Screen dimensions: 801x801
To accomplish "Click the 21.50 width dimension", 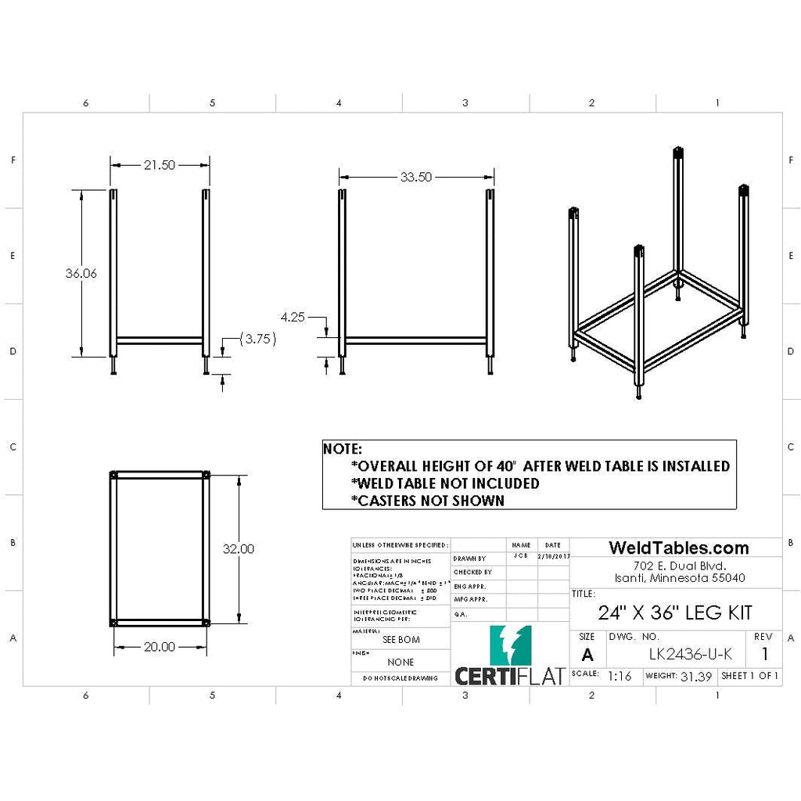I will click(159, 165).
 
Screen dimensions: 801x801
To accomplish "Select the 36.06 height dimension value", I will click(81, 274).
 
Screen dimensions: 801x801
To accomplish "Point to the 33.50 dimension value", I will click(416, 178).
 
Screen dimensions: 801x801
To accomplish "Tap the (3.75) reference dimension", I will click(258, 339).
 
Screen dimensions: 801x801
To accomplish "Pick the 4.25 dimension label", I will click(293, 317).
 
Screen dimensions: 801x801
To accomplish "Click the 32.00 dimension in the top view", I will click(238, 549).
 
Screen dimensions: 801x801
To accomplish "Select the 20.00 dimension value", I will click(160, 647).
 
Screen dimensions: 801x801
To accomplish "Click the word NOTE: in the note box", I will click(343, 450).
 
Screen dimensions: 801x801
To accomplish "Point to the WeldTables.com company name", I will click(678, 548).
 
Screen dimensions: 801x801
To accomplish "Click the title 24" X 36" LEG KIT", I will click(675, 612).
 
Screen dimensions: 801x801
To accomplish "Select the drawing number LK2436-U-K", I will click(691, 655).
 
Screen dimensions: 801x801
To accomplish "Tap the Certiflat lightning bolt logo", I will click(509, 645).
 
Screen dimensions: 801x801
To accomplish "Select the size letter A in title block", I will click(588, 656).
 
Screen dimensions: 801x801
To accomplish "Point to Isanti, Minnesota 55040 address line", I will click(679, 578).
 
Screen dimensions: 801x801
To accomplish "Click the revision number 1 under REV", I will click(764, 655).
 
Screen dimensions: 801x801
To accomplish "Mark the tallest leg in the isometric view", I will click(679, 219).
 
